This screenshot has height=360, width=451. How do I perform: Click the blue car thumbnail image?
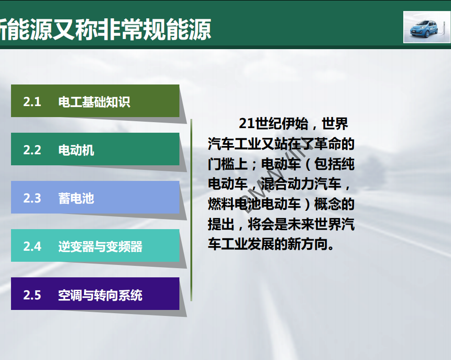[427, 27]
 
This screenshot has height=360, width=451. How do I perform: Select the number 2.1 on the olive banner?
[32, 102]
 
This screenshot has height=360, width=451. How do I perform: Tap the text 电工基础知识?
[95, 102]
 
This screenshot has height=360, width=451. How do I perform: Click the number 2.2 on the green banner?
[32, 150]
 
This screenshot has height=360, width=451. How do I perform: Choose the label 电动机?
[76, 150]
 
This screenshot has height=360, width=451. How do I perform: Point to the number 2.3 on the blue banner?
[32, 198]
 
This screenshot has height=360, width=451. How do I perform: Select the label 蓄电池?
[76, 198]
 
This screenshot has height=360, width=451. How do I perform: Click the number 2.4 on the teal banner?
[32, 247]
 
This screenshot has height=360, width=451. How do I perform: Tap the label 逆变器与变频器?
[100, 247]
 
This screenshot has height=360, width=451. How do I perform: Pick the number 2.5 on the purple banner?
[32, 295]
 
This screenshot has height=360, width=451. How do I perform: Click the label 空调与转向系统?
[100, 295]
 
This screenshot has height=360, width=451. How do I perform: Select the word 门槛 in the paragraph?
[221, 164]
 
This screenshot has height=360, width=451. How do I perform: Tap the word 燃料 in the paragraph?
[221, 204]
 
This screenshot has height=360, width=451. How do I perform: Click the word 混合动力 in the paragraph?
[287, 184]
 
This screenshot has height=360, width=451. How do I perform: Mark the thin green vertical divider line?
[191, 210]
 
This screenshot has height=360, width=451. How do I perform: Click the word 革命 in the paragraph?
[327, 144]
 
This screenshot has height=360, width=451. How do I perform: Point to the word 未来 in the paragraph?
[300, 224]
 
